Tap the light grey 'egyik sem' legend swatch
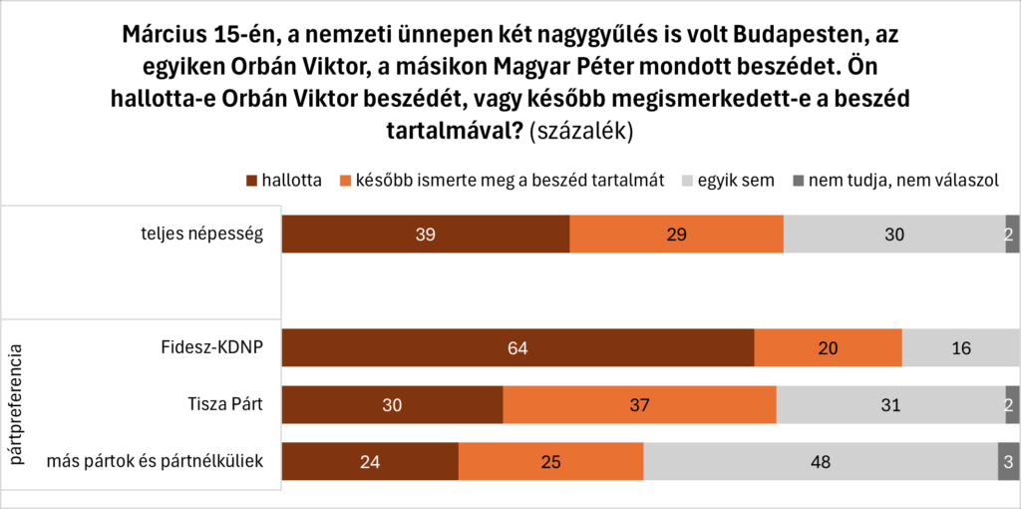tap(685, 182)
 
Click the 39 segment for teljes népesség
tap(426, 235)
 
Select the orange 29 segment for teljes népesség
tap(676, 235)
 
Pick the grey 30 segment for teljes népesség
tap(894, 235)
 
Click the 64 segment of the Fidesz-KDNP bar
tap(517, 348)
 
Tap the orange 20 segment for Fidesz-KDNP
tap(828, 348)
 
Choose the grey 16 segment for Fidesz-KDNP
tap(961, 348)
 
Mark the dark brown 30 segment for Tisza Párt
tap(393, 405)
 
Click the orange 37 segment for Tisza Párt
tap(639, 405)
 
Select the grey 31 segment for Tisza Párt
tap(890, 405)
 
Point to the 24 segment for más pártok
tap(370, 462)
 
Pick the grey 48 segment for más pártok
tap(821, 462)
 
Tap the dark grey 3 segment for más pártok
tap(1008, 462)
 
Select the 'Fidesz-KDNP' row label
tap(211, 348)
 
